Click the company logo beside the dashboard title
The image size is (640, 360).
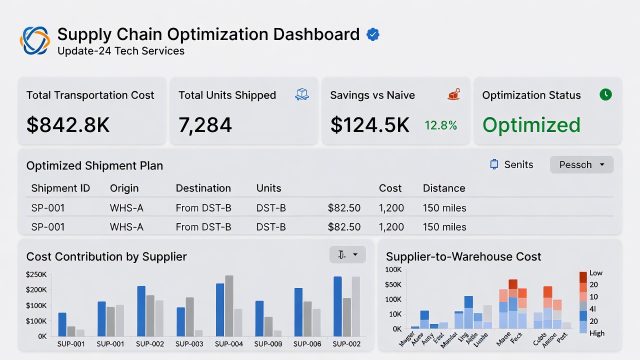(x=35, y=40)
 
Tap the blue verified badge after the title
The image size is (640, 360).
(x=373, y=34)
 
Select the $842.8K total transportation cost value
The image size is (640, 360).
(x=68, y=125)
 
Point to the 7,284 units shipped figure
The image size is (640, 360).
(x=205, y=125)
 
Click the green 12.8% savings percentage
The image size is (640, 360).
(x=440, y=125)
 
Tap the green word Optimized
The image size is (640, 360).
(x=531, y=125)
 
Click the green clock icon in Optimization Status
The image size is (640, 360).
(x=605, y=94)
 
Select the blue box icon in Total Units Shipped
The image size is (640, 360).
(x=302, y=94)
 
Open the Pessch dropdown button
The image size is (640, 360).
(x=581, y=164)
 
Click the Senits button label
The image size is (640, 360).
(x=518, y=164)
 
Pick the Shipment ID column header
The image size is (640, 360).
(x=60, y=188)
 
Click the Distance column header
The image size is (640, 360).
(x=444, y=188)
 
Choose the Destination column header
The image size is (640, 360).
(x=203, y=188)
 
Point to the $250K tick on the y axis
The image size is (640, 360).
(x=36, y=274)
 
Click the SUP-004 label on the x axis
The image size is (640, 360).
(x=229, y=344)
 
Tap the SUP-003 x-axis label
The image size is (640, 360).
(x=189, y=344)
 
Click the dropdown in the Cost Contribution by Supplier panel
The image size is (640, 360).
(x=347, y=254)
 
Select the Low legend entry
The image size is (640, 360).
(x=595, y=273)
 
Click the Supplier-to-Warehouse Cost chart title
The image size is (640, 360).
(x=463, y=257)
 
